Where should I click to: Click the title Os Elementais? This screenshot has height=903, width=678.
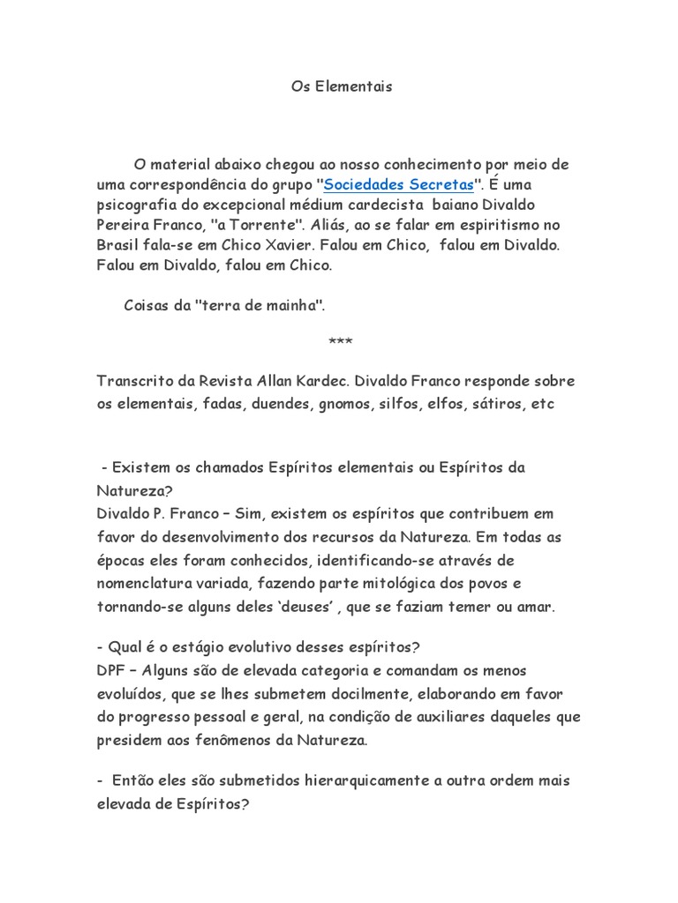click(x=341, y=87)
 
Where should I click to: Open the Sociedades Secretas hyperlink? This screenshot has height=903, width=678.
click(x=399, y=184)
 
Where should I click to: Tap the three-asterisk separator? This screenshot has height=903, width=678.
click(x=340, y=341)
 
